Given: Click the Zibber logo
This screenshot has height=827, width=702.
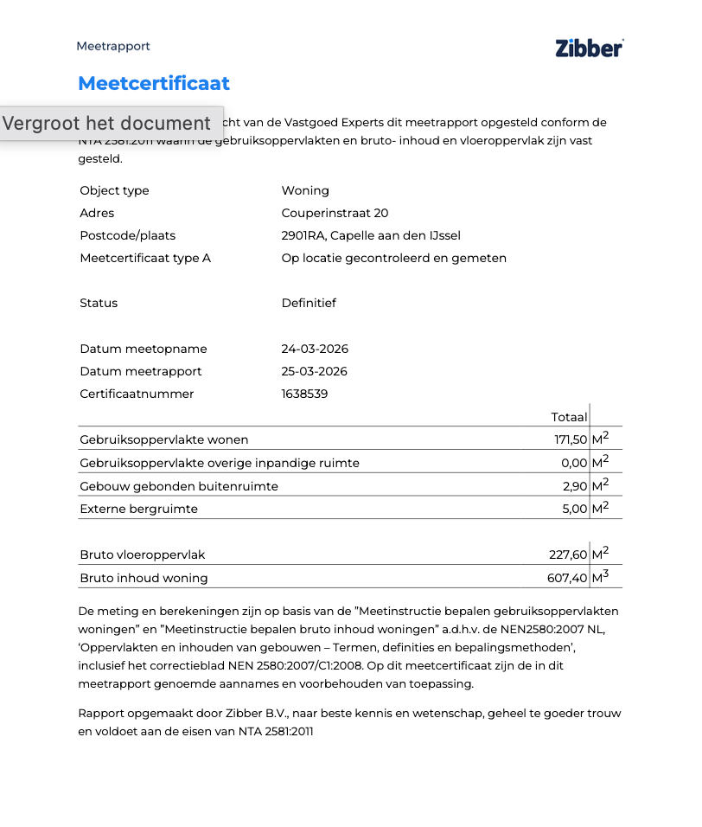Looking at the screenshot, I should point(589,48).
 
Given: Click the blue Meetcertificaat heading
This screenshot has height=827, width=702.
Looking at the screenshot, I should point(154,83).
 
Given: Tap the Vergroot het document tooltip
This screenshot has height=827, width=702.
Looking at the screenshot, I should point(107,123).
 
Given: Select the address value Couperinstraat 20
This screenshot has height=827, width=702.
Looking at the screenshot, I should point(335,213).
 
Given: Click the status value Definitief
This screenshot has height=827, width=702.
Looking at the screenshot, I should point(309,303).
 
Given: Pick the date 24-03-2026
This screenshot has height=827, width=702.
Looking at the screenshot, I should point(315,349).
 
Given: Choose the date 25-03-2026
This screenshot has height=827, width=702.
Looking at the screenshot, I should point(315,371).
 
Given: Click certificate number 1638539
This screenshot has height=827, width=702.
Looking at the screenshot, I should point(304,394).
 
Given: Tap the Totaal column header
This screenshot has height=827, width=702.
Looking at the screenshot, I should point(569,417).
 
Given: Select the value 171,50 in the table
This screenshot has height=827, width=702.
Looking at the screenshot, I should point(571,439).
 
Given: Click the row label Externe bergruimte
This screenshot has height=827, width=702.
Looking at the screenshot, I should point(138,509).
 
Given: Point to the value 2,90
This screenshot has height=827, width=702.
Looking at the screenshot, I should point(575,486).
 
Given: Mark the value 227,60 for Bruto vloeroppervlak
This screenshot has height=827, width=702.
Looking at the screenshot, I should point(568,555).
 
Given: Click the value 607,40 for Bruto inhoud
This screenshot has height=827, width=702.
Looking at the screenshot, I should point(568,578).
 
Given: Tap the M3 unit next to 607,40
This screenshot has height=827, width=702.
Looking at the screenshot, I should point(600,577).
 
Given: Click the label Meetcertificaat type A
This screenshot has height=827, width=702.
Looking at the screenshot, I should point(145,258).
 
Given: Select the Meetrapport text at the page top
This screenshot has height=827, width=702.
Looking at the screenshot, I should point(113,46).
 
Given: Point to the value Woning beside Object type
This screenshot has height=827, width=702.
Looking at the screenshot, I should point(305,190).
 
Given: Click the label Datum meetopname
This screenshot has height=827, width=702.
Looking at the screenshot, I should point(144,349).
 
